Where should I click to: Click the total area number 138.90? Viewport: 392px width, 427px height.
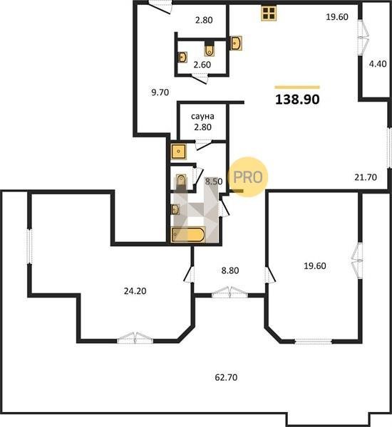[297, 100]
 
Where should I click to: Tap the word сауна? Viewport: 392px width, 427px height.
[202, 116]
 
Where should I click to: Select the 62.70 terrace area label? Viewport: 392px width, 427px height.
[226, 377]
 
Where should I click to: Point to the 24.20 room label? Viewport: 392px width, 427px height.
[135, 291]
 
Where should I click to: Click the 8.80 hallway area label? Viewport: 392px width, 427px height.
[230, 270]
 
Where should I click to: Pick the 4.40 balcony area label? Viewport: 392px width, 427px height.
[378, 64]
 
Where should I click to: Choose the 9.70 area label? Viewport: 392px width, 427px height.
[160, 93]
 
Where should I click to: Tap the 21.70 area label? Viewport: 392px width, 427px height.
[366, 177]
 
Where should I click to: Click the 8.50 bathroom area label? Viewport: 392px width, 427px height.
[214, 181]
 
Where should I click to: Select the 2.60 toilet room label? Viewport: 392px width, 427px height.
[202, 65]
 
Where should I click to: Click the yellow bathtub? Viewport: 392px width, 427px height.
[188, 235]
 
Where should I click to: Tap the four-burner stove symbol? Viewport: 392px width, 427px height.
[269, 13]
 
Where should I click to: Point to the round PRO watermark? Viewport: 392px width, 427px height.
[248, 177]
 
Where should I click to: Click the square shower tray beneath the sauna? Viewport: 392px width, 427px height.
[179, 151]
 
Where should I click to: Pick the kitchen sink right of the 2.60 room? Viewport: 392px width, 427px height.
[236, 43]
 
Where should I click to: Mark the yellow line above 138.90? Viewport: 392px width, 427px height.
[297, 88]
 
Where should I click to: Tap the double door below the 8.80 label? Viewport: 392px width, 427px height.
[229, 292]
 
